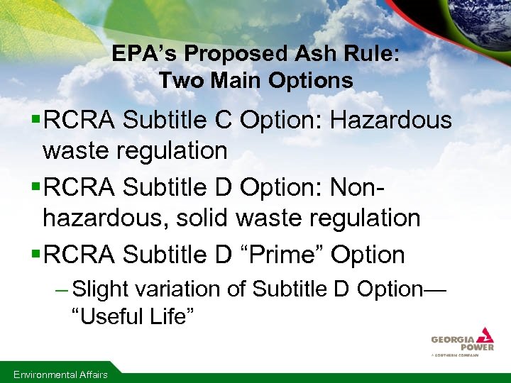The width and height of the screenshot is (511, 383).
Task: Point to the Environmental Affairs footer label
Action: point(61,374)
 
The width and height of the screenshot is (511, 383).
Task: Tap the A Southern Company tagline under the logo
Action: point(455,355)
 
